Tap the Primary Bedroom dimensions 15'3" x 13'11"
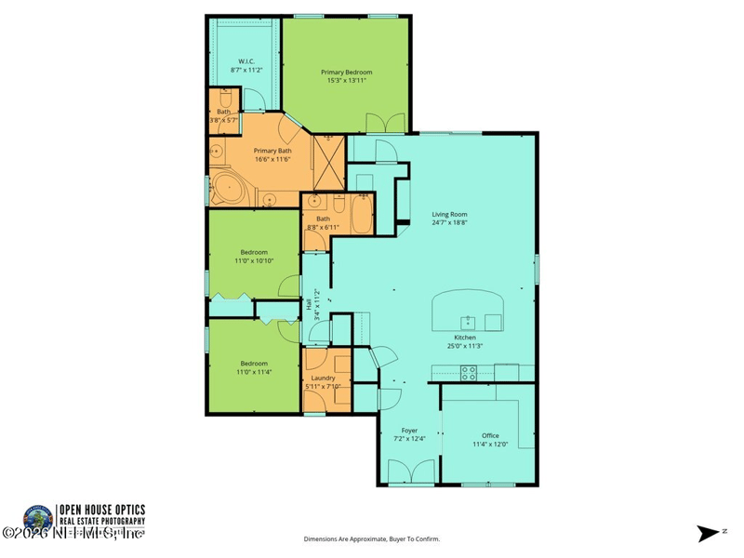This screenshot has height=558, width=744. click(x=346, y=81)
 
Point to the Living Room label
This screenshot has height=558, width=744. click(x=448, y=214)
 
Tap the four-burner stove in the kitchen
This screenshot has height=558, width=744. click(x=470, y=372)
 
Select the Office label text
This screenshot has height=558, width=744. click(x=490, y=435)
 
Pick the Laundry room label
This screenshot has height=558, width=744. click(x=323, y=378)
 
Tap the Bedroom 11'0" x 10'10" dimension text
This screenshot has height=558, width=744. click(x=254, y=261)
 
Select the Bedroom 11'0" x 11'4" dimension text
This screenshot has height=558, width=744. click(x=254, y=372)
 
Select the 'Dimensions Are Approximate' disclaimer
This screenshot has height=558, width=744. click(x=372, y=538)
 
